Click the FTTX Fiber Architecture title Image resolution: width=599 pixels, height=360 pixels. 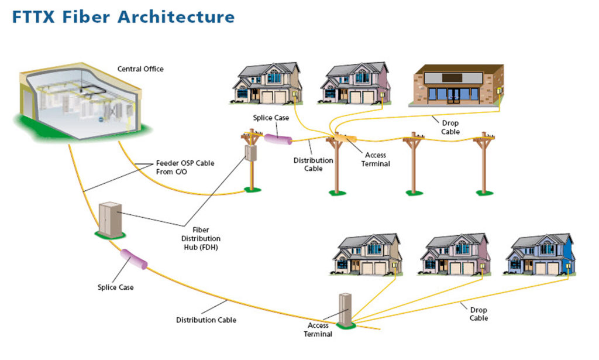(123, 17)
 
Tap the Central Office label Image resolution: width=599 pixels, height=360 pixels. (140, 69)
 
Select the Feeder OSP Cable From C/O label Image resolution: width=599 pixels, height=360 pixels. (185, 167)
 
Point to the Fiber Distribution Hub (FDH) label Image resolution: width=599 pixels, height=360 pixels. (201, 238)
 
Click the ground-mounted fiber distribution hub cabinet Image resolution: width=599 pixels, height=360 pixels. (111, 220)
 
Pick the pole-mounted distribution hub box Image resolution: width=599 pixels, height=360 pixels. (250, 153)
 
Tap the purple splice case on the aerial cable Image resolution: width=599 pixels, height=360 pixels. (278, 139)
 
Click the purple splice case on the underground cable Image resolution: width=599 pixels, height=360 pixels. (134, 259)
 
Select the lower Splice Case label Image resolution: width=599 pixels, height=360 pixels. (115, 287)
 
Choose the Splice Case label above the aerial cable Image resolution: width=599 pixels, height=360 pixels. (271, 118)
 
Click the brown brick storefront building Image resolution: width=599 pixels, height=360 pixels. (459, 85)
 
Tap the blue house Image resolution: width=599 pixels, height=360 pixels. (541, 255)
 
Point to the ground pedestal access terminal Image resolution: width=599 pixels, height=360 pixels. (345, 310)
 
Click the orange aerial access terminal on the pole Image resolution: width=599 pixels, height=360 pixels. (345, 138)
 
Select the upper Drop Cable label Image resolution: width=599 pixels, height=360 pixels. (450, 127)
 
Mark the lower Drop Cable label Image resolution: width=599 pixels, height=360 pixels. (478, 314)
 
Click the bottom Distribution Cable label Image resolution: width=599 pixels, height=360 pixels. (206, 320)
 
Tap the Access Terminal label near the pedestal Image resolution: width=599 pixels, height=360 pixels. (318, 330)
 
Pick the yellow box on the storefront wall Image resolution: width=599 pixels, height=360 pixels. (500, 91)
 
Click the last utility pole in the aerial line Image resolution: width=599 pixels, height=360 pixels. (484, 163)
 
